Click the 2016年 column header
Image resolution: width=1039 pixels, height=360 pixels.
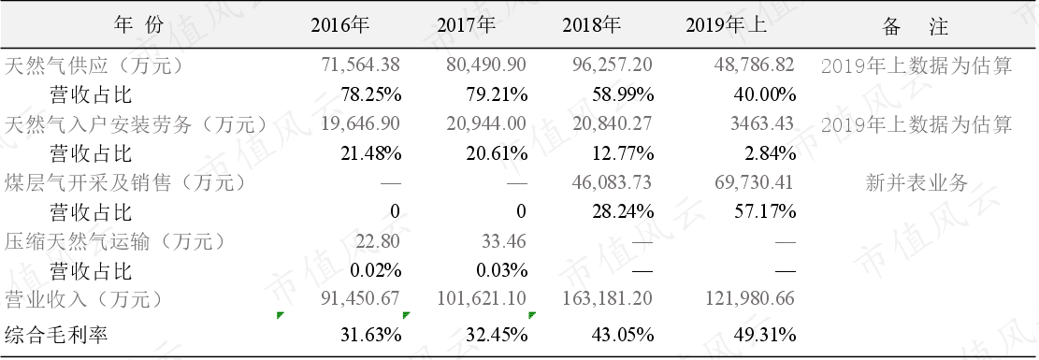339,26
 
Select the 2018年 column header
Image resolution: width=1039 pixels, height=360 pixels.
592,26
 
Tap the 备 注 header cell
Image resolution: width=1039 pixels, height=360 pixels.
916,26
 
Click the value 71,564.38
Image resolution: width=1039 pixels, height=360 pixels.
361,65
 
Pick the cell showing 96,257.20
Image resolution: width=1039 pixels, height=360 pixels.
613,65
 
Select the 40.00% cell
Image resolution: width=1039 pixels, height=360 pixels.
765,94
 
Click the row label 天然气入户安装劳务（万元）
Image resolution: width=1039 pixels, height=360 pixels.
136,124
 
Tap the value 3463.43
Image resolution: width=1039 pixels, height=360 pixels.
761,123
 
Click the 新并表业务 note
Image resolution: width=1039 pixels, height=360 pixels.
916,182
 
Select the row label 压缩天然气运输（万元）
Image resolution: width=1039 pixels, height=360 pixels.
115,241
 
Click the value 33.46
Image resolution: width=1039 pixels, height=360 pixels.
505,240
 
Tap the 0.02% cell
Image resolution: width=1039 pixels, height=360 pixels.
376,270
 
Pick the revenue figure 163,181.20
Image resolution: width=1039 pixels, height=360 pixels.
607,299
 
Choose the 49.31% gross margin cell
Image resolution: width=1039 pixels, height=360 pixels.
765,335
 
